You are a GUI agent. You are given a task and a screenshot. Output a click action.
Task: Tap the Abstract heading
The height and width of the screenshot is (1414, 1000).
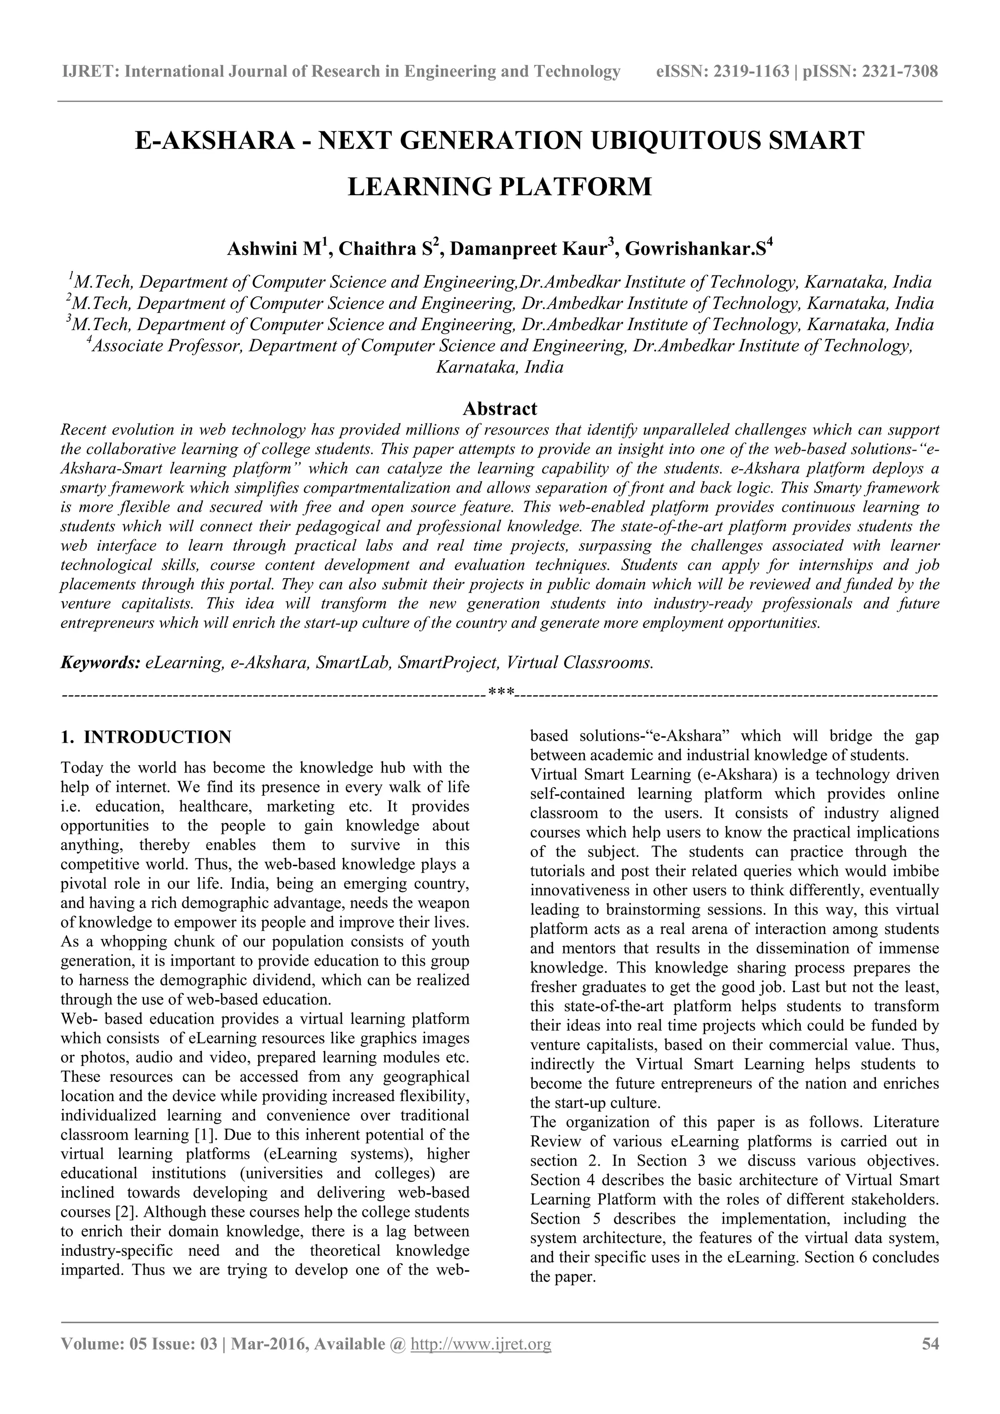[500, 408]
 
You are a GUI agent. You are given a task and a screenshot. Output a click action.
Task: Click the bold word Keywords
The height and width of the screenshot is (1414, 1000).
[101, 663]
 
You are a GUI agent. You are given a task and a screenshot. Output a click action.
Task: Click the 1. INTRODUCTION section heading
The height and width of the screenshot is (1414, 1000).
[146, 737]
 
